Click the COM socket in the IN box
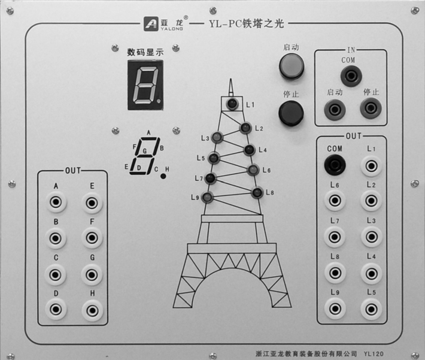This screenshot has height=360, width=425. point(351,75)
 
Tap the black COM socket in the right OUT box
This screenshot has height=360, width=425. point(335,165)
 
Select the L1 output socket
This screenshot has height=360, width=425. point(371,166)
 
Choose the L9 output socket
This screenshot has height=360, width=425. point(335,308)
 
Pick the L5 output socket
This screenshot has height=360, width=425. point(371,308)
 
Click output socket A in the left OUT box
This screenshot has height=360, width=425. point(56,202)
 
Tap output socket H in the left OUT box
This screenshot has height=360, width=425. point(92,310)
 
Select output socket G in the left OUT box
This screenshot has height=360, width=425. point(92,275)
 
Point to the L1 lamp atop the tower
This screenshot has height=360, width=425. point(232,104)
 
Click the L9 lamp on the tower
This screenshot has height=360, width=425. point(207,197)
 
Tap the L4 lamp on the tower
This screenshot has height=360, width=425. point(249,150)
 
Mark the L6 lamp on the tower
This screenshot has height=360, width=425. point(253,170)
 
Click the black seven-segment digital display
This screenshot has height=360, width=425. point(145,85)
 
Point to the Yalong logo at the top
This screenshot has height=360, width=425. point(163,23)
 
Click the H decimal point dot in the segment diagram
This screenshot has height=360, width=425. point(163,176)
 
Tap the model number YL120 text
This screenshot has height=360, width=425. point(374,354)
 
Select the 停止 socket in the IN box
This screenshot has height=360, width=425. point(371,108)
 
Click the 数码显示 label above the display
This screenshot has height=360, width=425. point(145,52)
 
